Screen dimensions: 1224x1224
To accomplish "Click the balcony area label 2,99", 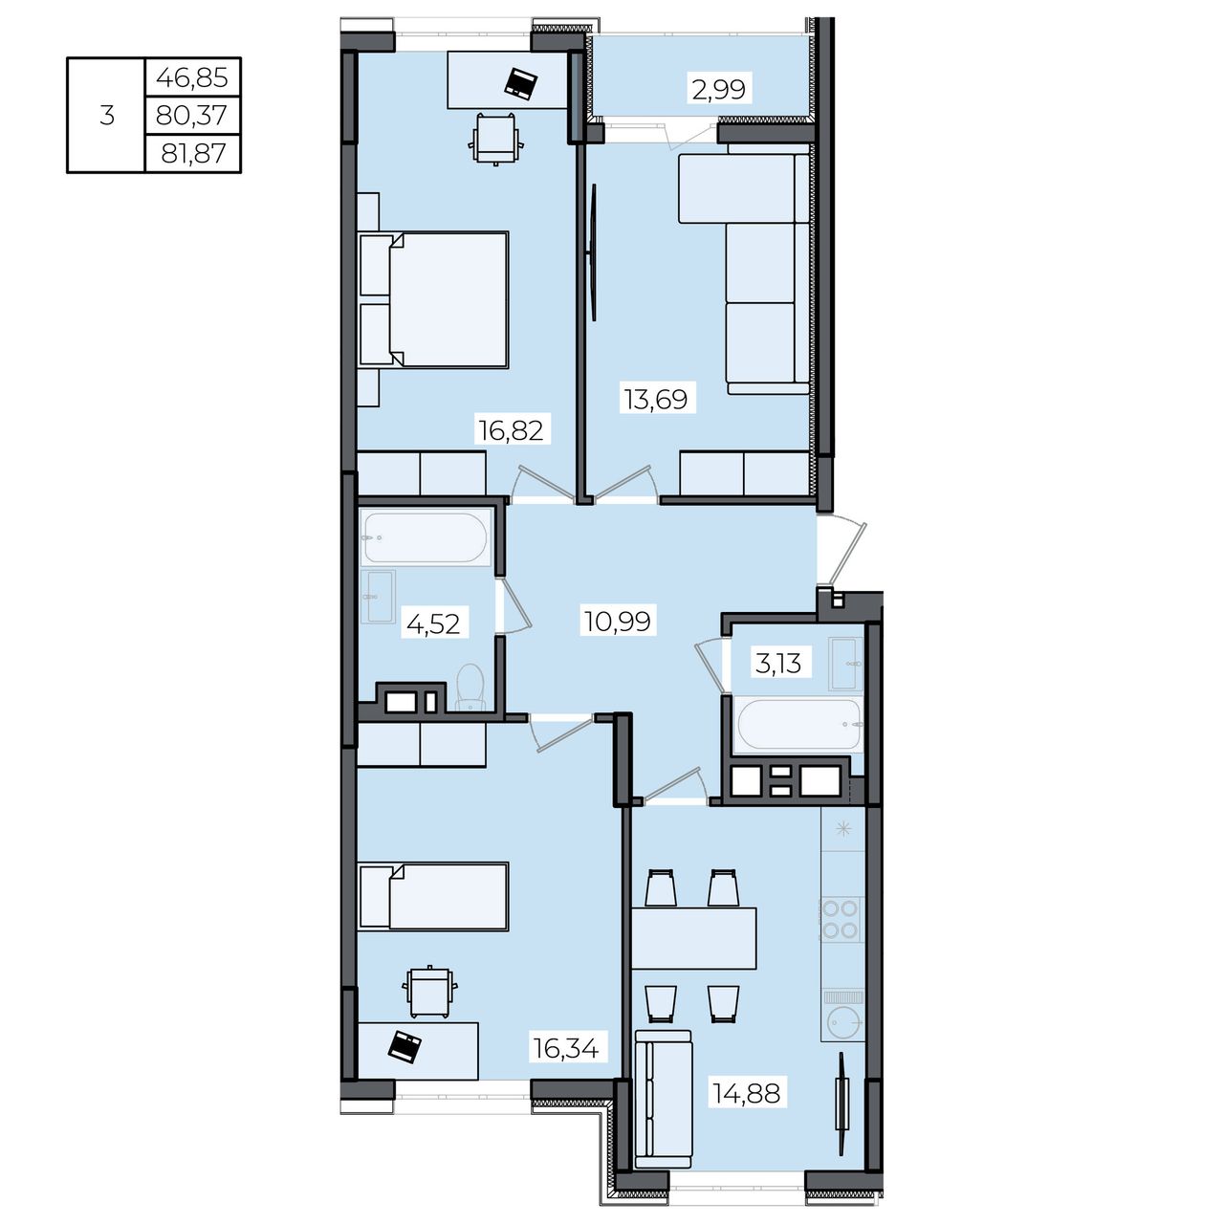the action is (x=718, y=88).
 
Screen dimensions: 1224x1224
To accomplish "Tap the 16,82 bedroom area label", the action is (x=512, y=430).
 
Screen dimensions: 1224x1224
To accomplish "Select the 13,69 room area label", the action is (x=656, y=400).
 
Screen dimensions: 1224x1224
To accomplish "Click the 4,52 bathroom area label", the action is (x=433, y=623).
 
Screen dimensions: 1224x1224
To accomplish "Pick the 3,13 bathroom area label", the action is (x=778, y=664).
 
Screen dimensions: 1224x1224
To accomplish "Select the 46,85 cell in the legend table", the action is (x=192, y=77).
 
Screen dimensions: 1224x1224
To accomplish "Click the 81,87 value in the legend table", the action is (x=193, y=153).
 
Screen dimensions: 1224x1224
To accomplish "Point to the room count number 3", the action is (x=107, y=116).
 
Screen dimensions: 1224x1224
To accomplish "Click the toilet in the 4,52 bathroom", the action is (x=470, y=688).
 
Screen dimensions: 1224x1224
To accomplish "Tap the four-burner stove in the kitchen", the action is (x=841, y=919).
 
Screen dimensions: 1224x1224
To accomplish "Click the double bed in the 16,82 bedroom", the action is (x=433, y=300).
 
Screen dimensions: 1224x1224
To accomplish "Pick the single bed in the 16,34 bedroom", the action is (x=433, y=896).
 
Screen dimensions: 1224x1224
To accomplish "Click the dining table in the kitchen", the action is (x=694, y=938).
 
